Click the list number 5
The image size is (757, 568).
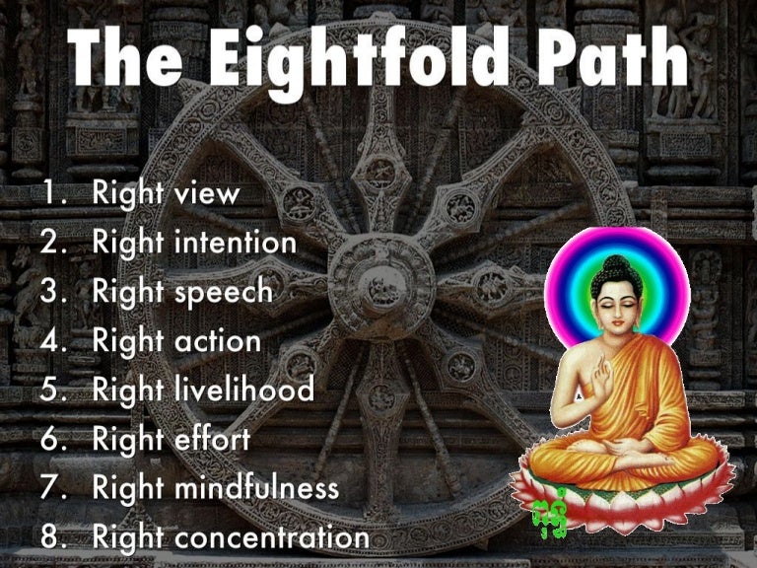(x=53, y=390)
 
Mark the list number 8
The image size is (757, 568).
(x=53, y=537)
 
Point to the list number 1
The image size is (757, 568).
(x=53, y=193)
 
